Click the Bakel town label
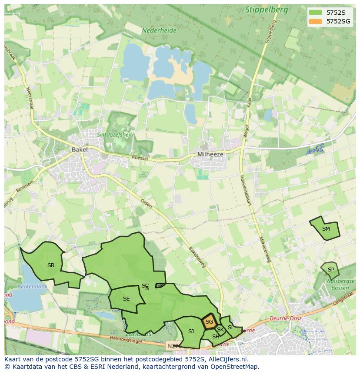(80, 149)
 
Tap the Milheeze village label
(210, 154)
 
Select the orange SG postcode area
(209, 322)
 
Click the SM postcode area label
(326, 229)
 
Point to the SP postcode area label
(331, 270)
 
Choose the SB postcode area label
(51, 265)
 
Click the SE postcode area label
(126, 299)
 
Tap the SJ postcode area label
(191, 331)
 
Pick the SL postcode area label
(231, 328)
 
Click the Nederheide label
(159, 31)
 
